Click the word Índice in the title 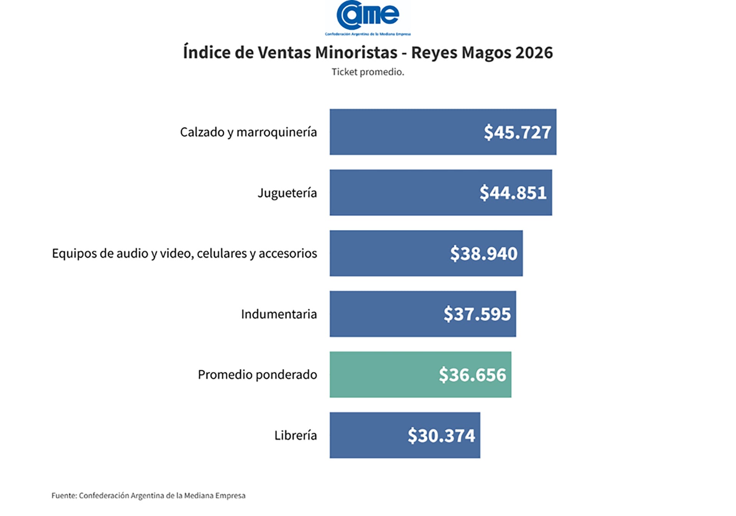coord(206,53)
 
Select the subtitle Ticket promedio coord(368,72)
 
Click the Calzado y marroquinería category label coord(248,132)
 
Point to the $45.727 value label coord(517,132)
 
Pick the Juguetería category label coord(287,193)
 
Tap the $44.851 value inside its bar coord(513,193)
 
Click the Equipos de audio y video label coord(184,253)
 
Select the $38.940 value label coord(483,254)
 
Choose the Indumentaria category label coord(279,314)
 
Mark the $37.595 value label coord(477,314)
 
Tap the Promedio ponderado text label coord(257,374)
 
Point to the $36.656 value coord(472,375)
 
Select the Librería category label coord(296,435)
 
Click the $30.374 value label coord(441,435)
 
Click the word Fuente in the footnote coord(64,495)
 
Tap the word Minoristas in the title coord(356,53)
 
